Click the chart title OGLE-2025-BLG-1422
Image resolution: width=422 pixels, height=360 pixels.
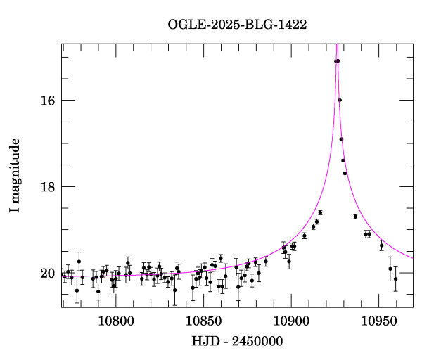(237, 24)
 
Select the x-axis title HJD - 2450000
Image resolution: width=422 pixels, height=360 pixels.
(237, 342)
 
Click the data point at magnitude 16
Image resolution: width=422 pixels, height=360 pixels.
(340, 100)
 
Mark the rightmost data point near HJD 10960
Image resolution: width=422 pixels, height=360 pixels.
(396, 279)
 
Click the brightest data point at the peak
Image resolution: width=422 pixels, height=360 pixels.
(338, 61)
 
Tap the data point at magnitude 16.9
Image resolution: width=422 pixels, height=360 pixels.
(341, 139)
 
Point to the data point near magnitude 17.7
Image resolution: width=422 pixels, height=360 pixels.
(345, 173)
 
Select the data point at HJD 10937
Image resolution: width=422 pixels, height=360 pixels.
(355, 217)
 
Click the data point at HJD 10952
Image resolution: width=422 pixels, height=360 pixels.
(382, 245)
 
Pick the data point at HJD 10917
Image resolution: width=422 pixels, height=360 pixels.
(320, 212)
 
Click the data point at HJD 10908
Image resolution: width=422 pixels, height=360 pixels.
(305, 236)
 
